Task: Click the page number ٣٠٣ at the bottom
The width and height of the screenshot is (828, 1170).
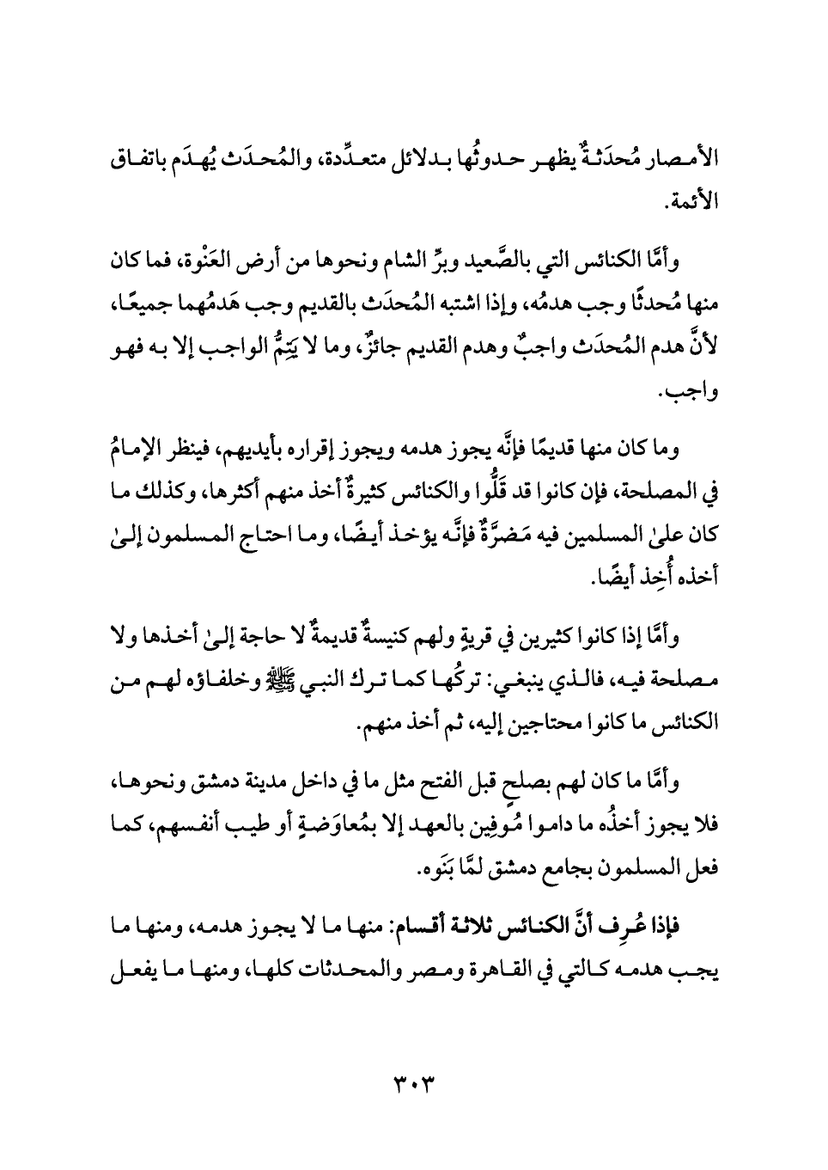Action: [413, 1078]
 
